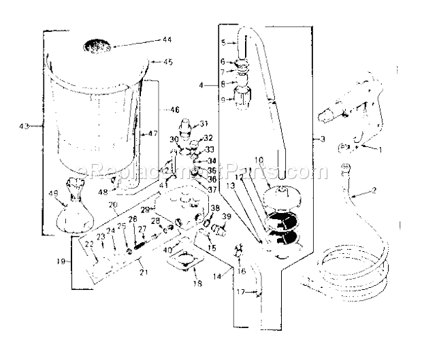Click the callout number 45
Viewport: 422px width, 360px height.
tap(167, 62)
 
